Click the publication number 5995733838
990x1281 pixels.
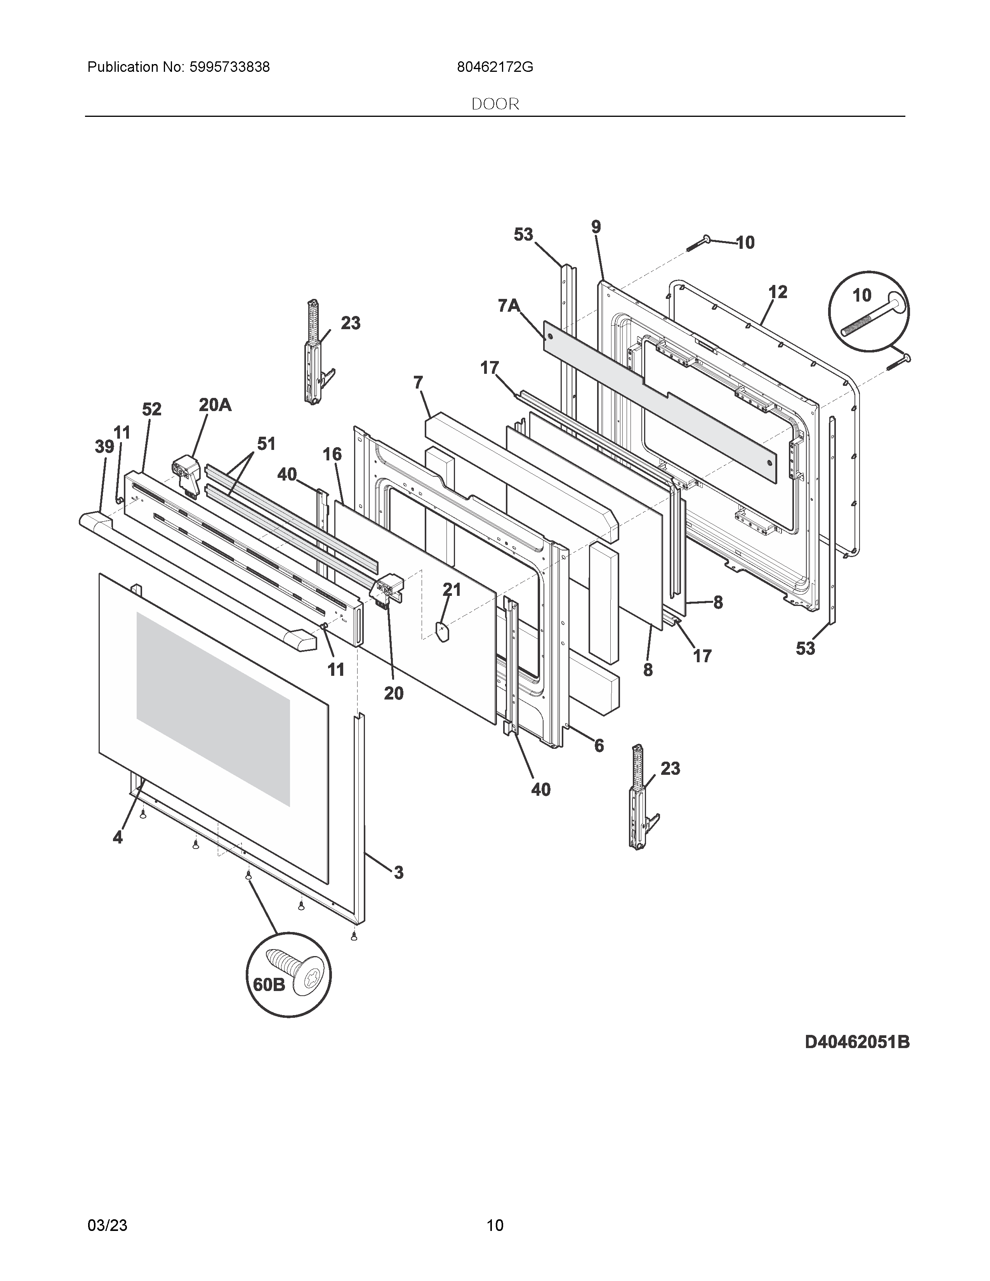(x=229, y=68)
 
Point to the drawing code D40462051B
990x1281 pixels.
(x=857, y=1042)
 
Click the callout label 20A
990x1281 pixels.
(x=215, y=405)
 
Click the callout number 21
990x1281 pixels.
(x=452, y=590)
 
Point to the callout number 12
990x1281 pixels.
(x=778, y=292)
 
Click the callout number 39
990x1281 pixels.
(x=104, y=447)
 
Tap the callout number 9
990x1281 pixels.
(x=596, y=227)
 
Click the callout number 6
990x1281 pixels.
(x=599, y=745)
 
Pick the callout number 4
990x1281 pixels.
(x=118, y=838)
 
